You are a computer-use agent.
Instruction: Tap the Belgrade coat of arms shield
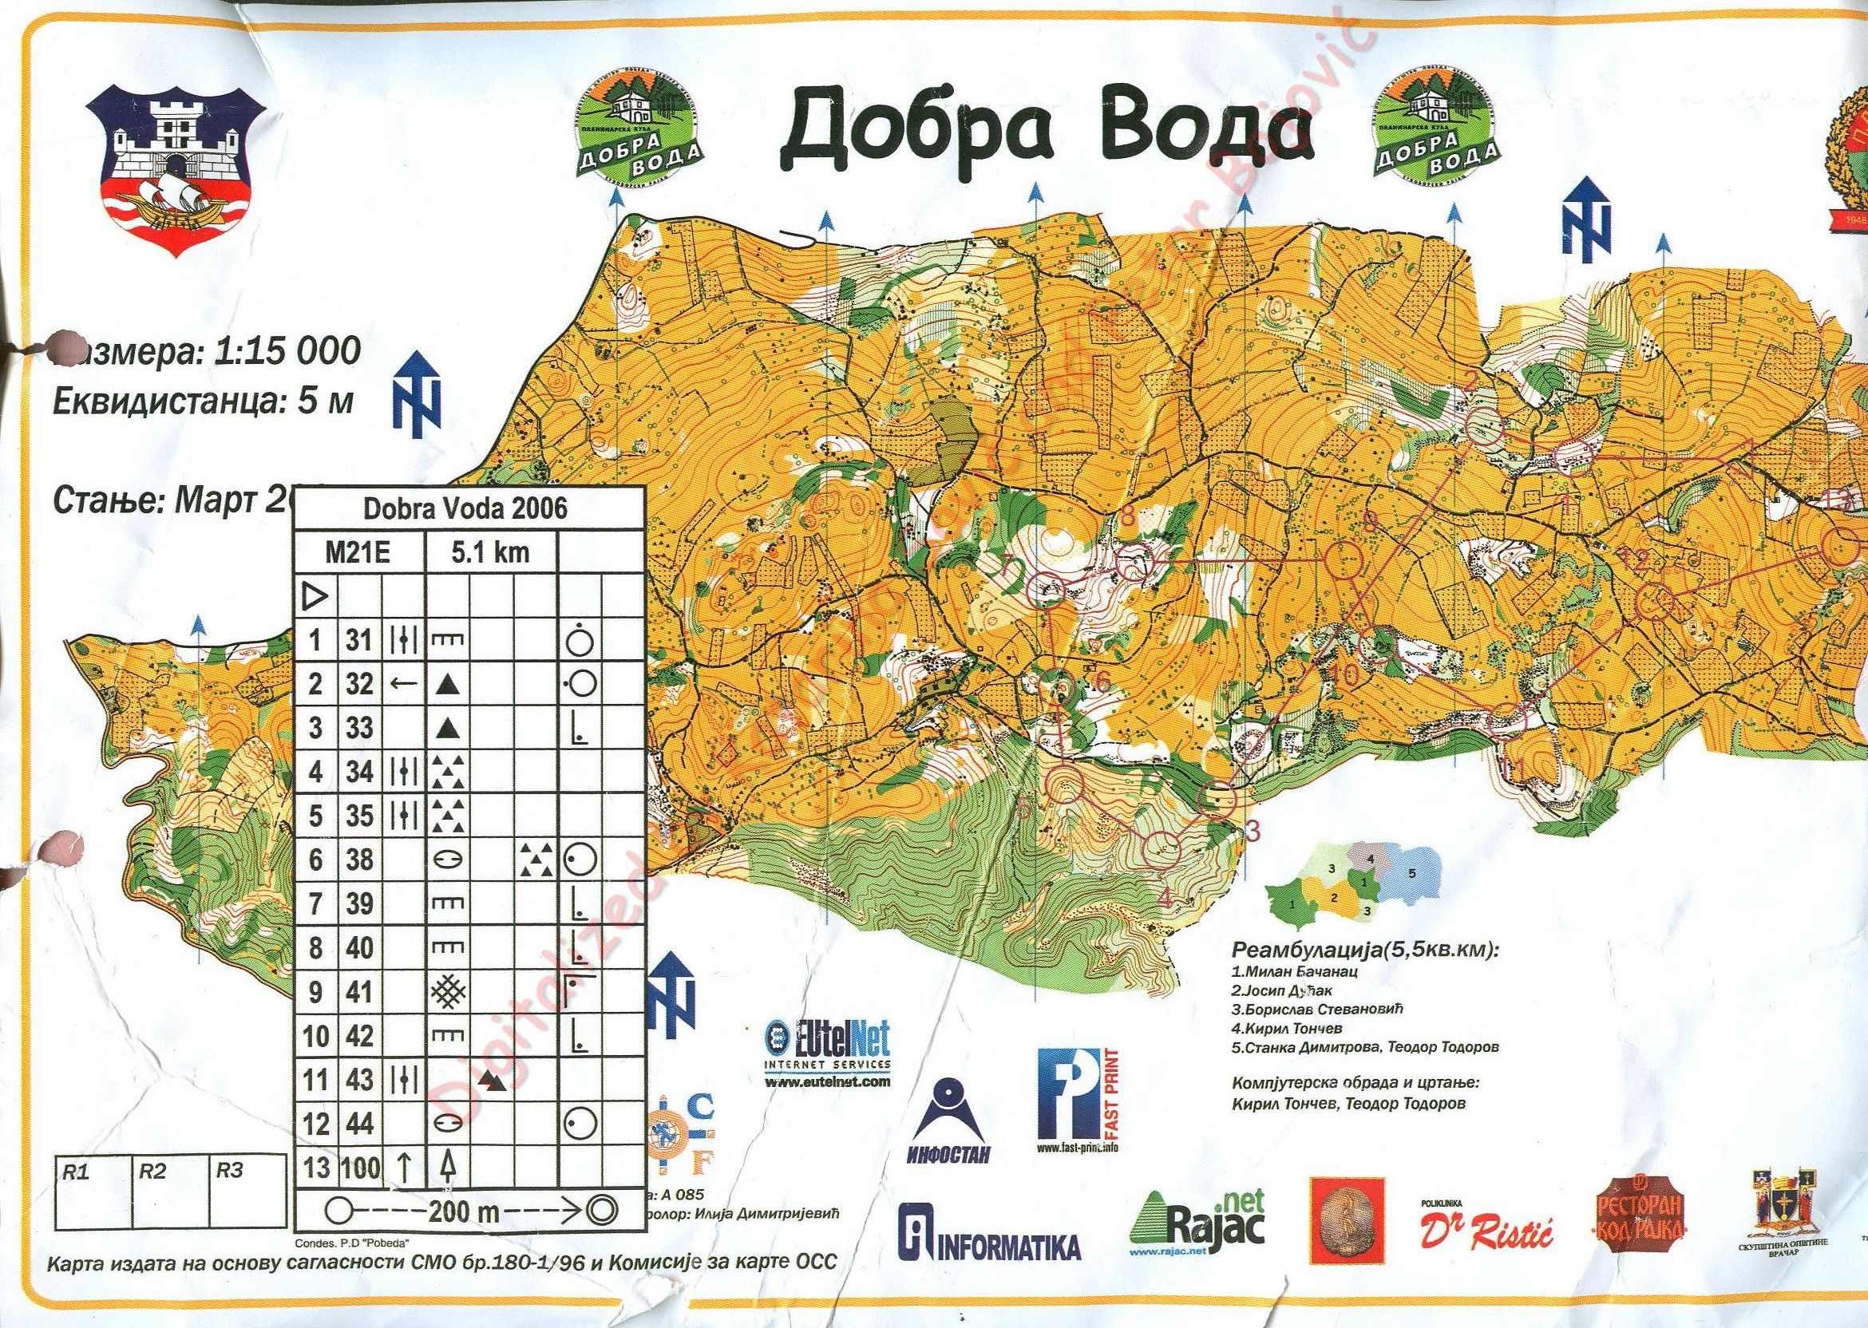pyautogui.click(x=176, y=171)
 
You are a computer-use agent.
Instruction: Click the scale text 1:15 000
pyautogui.click(x=287, y=352)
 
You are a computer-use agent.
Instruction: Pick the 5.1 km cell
pyautogui.click(x=491, y=552)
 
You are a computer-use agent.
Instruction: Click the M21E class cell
pyautogui.click(x=359, y=553)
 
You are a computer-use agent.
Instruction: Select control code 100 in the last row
pyautogui.click(x=360, y=1167)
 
